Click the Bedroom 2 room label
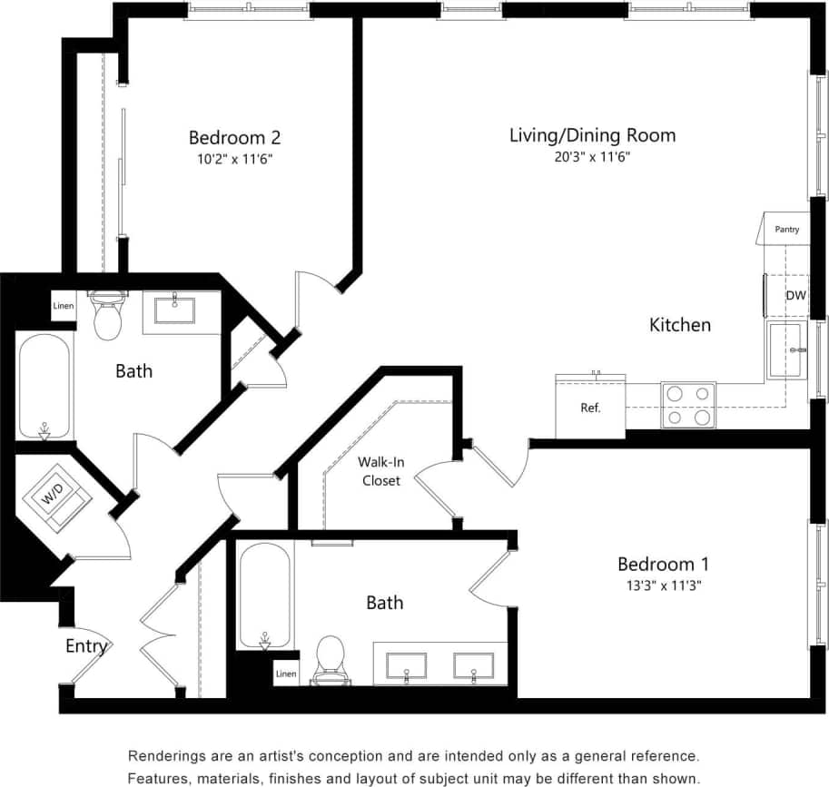pos(234,138)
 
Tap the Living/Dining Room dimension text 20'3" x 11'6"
pos(592,157)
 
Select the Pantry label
pos(786,230)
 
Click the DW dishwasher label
pos(794,295)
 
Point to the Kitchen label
pos(680,325)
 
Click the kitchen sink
pos(786,349)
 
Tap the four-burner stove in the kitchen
pos(688,405)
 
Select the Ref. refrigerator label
pos(590,408)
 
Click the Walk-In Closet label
pos(380,471)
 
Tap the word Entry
pos(87,647)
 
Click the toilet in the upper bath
pos(108,316)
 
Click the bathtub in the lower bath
pos(265,595)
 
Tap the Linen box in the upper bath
pos(63,306)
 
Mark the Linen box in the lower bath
pos(286,674)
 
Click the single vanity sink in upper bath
pos(174,310)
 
